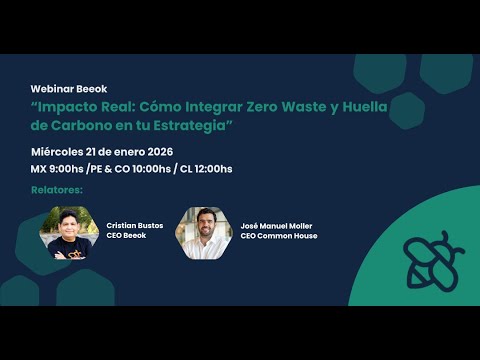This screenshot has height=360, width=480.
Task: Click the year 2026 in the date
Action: tap(153, 150)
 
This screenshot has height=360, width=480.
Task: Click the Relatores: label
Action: tap(57, 189)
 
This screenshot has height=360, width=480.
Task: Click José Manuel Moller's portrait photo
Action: tap(203, 233)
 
